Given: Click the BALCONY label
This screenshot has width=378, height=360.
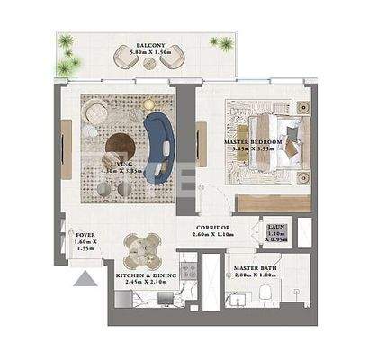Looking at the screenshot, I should click(149, 43).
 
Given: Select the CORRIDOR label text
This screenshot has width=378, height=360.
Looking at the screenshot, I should click(211, 227).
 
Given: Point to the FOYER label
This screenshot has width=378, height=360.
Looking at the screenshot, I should click(86, 235).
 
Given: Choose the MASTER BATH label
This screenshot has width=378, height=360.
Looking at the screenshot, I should click(251, 268).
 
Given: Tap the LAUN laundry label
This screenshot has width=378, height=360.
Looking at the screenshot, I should click(276, 228).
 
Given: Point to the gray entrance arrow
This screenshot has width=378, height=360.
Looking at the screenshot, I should click(85, 280).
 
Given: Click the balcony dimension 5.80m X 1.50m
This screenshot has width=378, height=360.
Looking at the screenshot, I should click(149, 52).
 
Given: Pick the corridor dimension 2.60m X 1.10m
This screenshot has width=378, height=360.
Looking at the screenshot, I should click(211, 236).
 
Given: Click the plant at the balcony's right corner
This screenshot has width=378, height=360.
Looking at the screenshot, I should click(218, 42).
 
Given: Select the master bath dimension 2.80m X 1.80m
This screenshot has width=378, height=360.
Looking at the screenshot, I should click(251, 277).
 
